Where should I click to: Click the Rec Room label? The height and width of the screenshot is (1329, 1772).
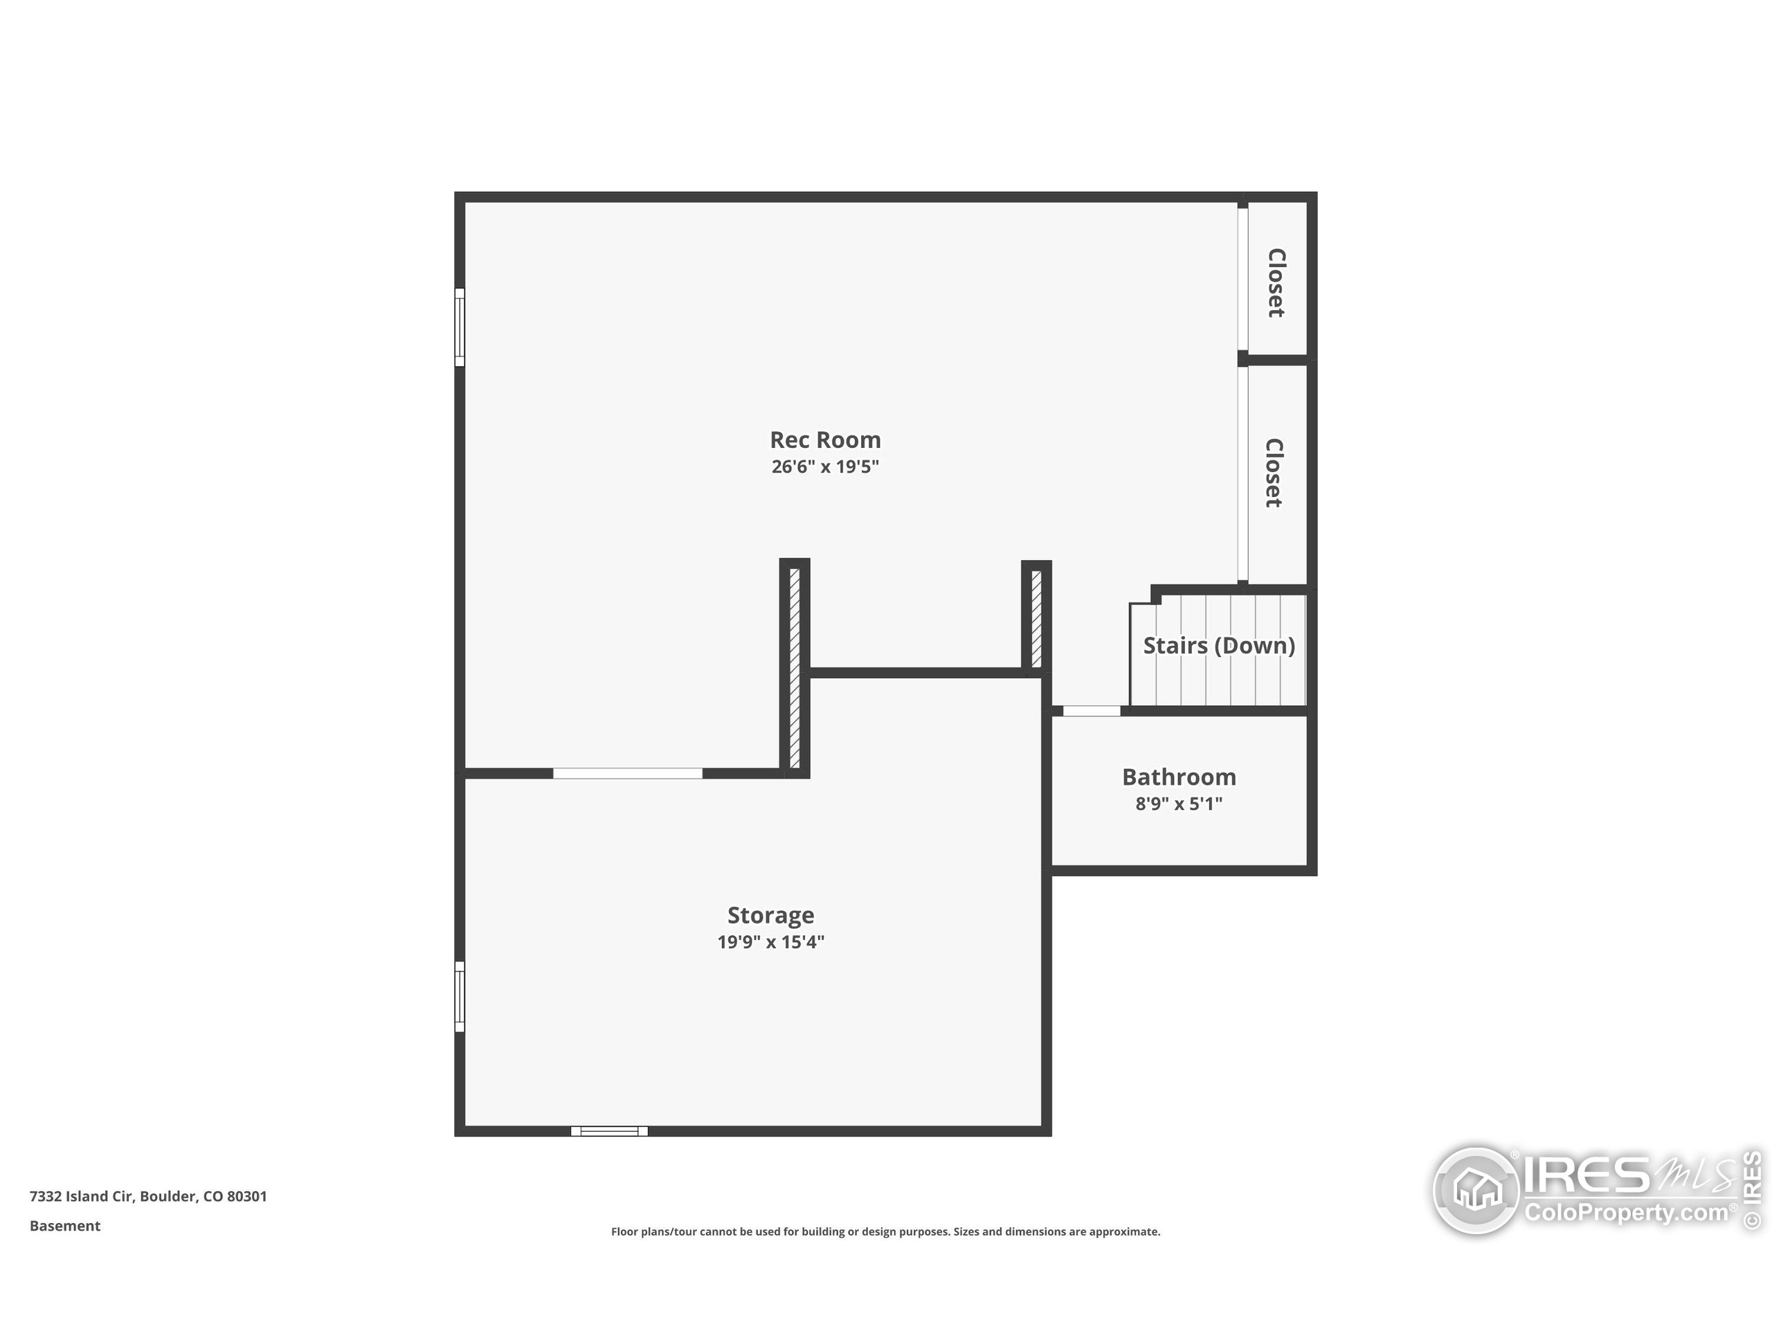(x=825, y=440)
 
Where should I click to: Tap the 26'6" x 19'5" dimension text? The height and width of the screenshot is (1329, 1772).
(x=825, y=467)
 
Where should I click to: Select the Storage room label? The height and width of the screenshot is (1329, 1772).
(x=770, y=915)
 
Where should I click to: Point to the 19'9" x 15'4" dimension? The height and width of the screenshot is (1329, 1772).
(x=770, y=941)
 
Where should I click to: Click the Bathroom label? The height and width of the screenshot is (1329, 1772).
(x=1178, y=777)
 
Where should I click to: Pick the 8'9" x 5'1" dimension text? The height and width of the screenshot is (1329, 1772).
(x=1178, y=804)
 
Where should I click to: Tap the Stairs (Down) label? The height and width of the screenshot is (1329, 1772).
(x=1218, y=646)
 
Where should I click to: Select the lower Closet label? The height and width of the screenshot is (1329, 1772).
(x=1274, y=473)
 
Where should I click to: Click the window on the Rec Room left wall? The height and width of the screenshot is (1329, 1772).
(x=460, y=327)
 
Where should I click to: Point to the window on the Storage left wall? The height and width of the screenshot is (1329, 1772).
(x=460, y=997)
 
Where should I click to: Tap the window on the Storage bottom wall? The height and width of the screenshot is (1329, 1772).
(x=610, y=1131)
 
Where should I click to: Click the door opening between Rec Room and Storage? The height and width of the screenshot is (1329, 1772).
(x=627, y=773)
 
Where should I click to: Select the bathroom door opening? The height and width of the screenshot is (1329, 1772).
(x=1091, y=711)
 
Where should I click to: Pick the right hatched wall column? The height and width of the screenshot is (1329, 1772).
(x=1036, y=617)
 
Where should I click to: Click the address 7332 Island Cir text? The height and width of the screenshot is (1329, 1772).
(x=148, y=1196)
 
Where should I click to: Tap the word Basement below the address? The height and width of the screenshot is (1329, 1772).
(x=65, y=1226)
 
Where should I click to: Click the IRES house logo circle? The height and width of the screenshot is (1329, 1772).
(x=1476, y=1191)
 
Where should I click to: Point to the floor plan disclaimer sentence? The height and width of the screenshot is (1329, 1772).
(x=885, y=1231)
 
